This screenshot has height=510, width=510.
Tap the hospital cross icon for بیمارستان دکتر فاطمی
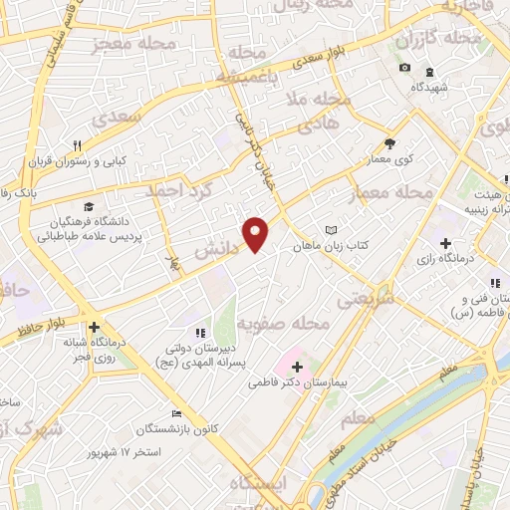click(x=297, y=368)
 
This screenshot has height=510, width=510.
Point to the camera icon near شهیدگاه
click(x=404, y=68)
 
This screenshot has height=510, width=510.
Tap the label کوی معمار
click(x=380, y=160)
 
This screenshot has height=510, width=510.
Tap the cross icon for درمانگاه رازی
click(x=445, y=244)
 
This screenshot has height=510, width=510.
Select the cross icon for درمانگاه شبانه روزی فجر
click(x=94, y=327)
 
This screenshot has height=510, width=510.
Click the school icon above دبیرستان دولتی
click(x=200, y=333)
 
